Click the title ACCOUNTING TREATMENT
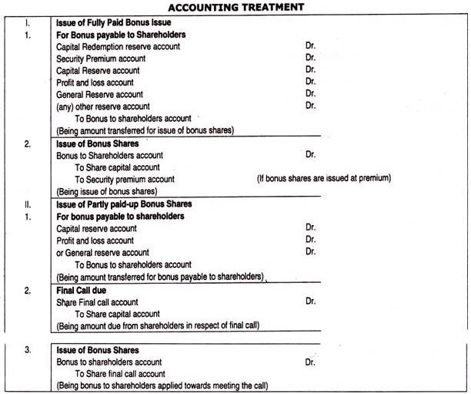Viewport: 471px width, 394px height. tap(235, 7)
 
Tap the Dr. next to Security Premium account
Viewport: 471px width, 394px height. tap(310, 59)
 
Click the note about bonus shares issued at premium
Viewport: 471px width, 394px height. tap(324, 179)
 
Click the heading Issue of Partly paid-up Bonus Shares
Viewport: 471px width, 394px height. tap(124, 204)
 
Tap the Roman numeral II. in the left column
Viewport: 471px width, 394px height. tap(26, 204)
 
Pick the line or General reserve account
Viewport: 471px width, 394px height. tap(103, 252)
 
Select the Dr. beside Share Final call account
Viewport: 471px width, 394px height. tap(310, 302)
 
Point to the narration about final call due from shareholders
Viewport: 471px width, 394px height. tap(158, 325)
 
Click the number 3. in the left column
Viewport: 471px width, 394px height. tap(27, 349)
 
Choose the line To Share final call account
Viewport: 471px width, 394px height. tap(122, 373)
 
